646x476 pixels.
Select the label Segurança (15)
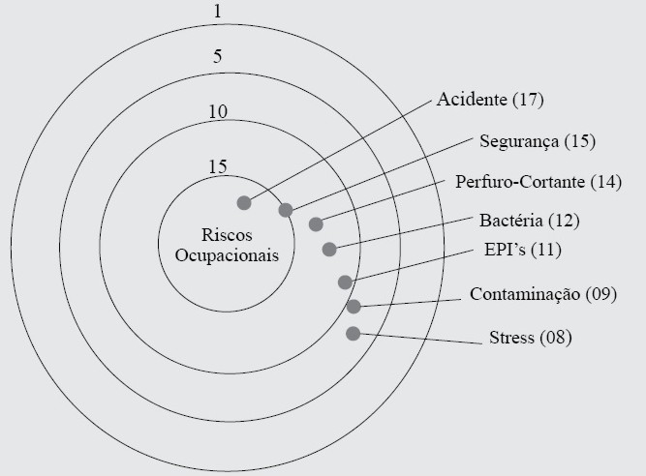pos(538,141)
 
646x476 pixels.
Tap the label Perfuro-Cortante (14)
pos(538,181)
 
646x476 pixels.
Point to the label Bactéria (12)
pos(530,221)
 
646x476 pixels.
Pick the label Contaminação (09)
pos(542,293)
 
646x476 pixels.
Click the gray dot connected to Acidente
pos(244,202)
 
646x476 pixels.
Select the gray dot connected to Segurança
pos(286,210)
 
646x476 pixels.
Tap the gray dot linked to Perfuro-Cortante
pos(316,224)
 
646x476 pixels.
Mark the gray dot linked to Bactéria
pos(329,249)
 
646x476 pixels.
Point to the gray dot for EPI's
pos(345,282)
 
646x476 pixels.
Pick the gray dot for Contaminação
pos(354,307)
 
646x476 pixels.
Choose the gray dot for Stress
pos(353,334)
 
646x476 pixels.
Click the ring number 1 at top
pos(218,12)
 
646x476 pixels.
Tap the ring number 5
pos(218,56)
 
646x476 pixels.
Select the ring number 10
pos(218,111)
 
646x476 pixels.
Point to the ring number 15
pos(218,165)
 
